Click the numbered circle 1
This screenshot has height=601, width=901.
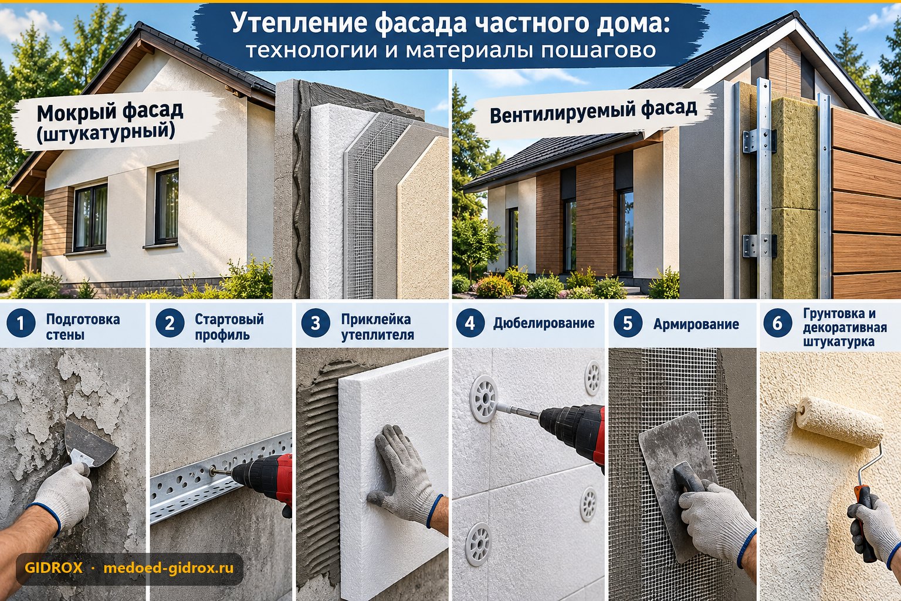click(21, 323)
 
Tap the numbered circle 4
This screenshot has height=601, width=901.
click(470, 323)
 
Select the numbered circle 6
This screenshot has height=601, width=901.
click(777, 323)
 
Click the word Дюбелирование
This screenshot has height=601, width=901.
click(544, 323)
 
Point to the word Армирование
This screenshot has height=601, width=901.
click(696, 324)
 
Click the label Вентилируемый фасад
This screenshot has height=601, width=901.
click(593, 111)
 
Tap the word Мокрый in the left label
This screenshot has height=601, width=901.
click(76, 112)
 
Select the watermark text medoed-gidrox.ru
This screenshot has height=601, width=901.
click(168, 568)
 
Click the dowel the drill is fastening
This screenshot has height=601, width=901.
click(483, 399)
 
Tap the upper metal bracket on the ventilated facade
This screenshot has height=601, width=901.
click(759, 141)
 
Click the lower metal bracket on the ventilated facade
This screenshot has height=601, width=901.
click(759, 245)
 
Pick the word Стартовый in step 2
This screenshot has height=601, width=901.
click(229, 319)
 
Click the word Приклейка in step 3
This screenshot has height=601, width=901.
click(376, 319)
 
